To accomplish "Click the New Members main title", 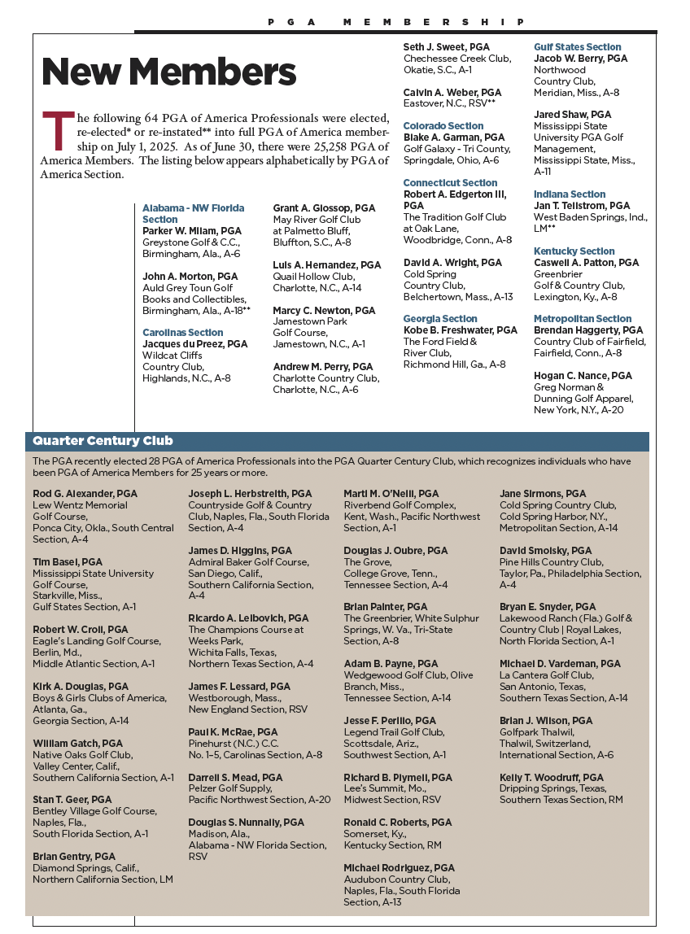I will point(168,73).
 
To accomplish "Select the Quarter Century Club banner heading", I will point(103,441).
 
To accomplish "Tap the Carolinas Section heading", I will point(182,333).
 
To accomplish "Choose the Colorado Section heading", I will point(443,126).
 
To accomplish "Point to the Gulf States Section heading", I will point(578,47).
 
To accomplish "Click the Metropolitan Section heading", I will point(583,319).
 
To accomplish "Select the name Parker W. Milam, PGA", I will point(192,231).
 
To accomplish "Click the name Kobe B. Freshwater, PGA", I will point(461,330).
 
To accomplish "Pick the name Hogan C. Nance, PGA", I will point(583,376).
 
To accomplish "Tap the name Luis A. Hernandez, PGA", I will point(326,265).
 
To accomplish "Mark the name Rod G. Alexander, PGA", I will point(85,494).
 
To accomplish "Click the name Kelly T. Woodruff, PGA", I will point(552,778).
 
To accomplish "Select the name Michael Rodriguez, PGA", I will point(399,868).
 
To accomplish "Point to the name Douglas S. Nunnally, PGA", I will point(246,823).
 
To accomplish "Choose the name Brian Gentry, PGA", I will point(74,857).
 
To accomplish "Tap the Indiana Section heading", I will point(570,194).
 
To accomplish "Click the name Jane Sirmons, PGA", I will point(543,494).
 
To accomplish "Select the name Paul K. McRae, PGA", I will point(233,732).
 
